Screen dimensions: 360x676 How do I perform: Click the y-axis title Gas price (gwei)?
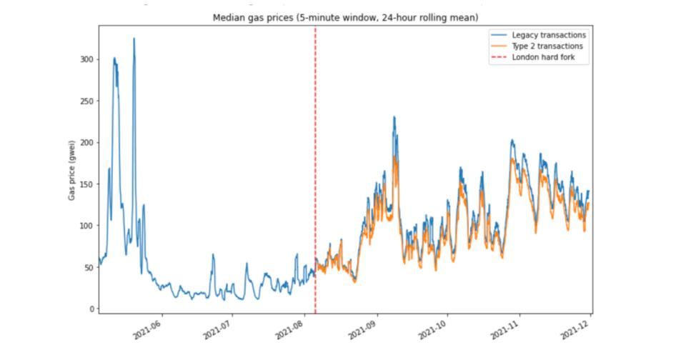tap(72, 169)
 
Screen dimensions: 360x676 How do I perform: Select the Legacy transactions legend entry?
tap(548, 35)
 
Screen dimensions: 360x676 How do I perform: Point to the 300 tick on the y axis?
tap(86, 59)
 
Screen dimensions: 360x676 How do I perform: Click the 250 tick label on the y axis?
tap(86, 101)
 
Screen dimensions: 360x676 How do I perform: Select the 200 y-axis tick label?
tap(86, 142)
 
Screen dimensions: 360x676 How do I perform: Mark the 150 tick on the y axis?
tap(86, 184)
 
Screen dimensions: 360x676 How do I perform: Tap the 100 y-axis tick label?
tap(86, 226)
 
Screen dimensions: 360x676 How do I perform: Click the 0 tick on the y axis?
tap(90, 309)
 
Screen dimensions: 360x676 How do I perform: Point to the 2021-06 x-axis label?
tap(148, 329)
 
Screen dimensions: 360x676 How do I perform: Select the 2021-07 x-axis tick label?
tap(218, 329)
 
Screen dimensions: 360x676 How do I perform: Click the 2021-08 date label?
tap(290, 329)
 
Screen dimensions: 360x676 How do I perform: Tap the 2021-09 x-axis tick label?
tap(362, 329)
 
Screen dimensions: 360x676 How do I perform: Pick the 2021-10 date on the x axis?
tap(432, 329)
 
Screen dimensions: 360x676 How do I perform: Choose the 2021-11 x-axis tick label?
tap(504, 329)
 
